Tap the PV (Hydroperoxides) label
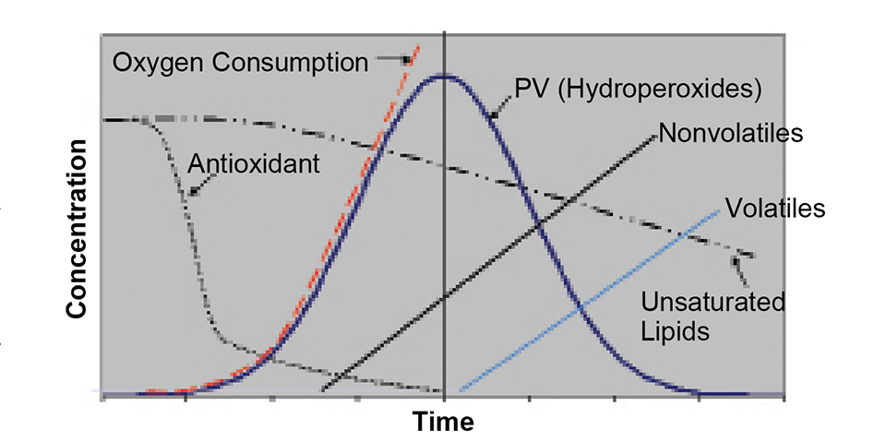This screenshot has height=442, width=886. click(x=637, y=89)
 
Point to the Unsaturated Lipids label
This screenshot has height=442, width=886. click(x=713, y=316)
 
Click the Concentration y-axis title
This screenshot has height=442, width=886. click(x=77, y=231)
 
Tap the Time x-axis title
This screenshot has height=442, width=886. click(x=443, y=422)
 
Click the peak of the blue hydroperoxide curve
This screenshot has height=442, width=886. click(x=444, y=76)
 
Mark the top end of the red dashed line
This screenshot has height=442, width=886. click(x=419, y=43)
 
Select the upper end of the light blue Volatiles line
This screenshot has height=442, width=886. click(x=719, y=210)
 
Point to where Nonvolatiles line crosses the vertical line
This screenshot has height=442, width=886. click(x=445, y=297)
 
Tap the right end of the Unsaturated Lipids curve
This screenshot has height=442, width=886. click(x=755, y=256)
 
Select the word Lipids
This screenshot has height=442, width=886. click(x=677, y=330)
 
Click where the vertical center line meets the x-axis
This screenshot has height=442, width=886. click(x=445, y=397)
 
